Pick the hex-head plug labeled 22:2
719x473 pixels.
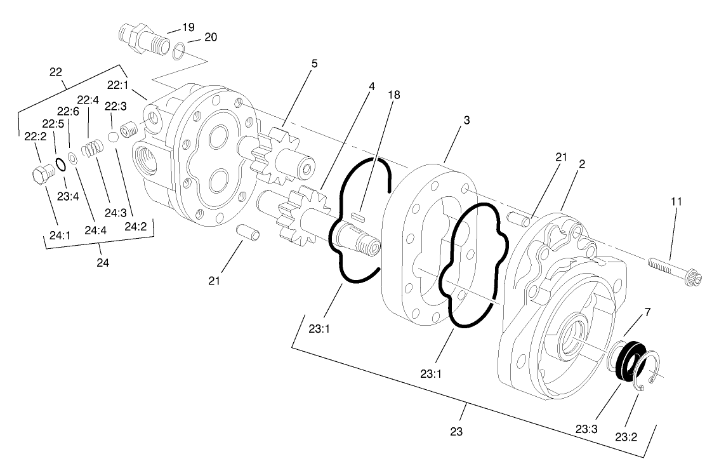[x=40, y=173]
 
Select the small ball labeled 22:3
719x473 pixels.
[x=114, y=137]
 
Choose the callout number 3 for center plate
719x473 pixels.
[x=466, y=121]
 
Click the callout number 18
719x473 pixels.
[x=395, y=95]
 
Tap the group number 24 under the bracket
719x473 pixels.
[x=103, y=261]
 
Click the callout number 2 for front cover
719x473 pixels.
[x=582, y=163]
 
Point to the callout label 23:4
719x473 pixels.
[x=67, y=197]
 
